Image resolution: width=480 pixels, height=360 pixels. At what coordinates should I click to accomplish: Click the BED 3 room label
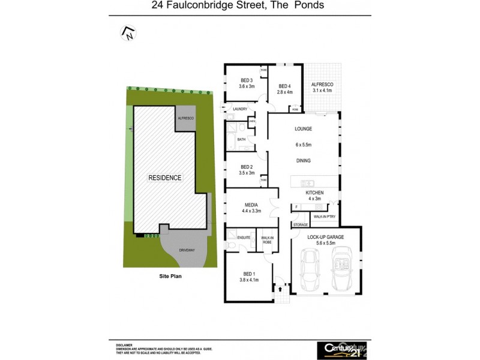[247, 80]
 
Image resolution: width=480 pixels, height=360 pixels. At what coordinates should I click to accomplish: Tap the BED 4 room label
[285, 86]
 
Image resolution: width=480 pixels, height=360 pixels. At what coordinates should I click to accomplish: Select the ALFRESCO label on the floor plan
[322, 84]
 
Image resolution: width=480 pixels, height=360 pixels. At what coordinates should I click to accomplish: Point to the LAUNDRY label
[232, 109]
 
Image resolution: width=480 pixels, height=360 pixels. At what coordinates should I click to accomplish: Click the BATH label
[241, 139]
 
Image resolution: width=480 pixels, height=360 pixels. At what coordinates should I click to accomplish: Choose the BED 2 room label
[247, 167]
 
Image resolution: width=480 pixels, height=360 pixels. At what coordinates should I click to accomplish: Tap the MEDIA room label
[251, 205]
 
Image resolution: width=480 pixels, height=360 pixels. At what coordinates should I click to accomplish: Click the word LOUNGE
[303, 129]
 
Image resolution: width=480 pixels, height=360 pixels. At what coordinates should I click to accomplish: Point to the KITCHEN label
[314, 193]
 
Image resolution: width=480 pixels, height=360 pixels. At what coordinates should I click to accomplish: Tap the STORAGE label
[301, 224]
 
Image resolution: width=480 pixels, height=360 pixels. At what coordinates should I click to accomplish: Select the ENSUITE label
[243, 238]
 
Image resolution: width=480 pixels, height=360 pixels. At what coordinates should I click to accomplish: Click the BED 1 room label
[247, 274]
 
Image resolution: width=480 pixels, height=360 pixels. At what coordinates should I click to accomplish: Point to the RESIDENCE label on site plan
[165, 178]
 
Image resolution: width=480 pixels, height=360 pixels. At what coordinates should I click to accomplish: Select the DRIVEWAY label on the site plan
[187, 250]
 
